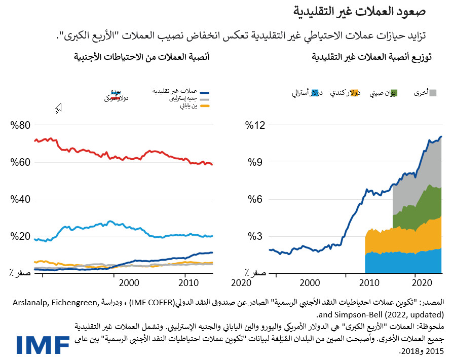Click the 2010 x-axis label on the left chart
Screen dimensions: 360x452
188,282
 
